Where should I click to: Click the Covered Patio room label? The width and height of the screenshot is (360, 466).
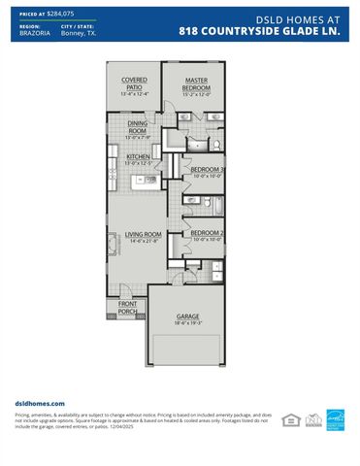(x=134, y=83)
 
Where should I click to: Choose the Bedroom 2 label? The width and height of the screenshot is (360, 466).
(x=207, y=233)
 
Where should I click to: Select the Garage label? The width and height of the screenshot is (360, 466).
(x=187, y=316)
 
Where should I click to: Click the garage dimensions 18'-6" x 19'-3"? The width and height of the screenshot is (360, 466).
(x=187, y=322)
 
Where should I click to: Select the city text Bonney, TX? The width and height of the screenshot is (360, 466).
(x=78, y=33)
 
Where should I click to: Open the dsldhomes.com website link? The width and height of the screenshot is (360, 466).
(x=40, y=402)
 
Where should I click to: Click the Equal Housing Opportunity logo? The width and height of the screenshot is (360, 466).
(x=288, y=419)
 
